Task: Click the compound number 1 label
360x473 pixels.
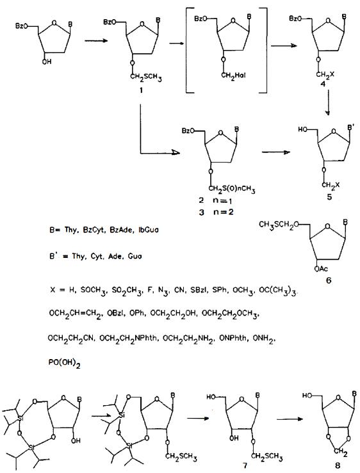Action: pyautogui.click(x=141, y=90)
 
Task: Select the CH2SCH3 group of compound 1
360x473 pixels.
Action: pyautogui.click(x=146, y=77)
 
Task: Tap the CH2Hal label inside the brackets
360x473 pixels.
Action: pyautogui.click(x=233, y=75)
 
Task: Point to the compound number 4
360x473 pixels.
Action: pyautogui.click(x=323, y=84)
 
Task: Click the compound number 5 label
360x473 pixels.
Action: pyautogui.click(x=329, y=197)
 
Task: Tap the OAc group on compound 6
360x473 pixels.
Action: pyautogui.click(x=321, y=268)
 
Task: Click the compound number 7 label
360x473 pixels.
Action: pyautogui.click(x=245, y=466)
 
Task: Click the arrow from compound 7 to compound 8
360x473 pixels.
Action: pyautogui.click(x=290, y=419)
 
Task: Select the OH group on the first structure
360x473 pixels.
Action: pyautogui.click(x=47, y=61)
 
